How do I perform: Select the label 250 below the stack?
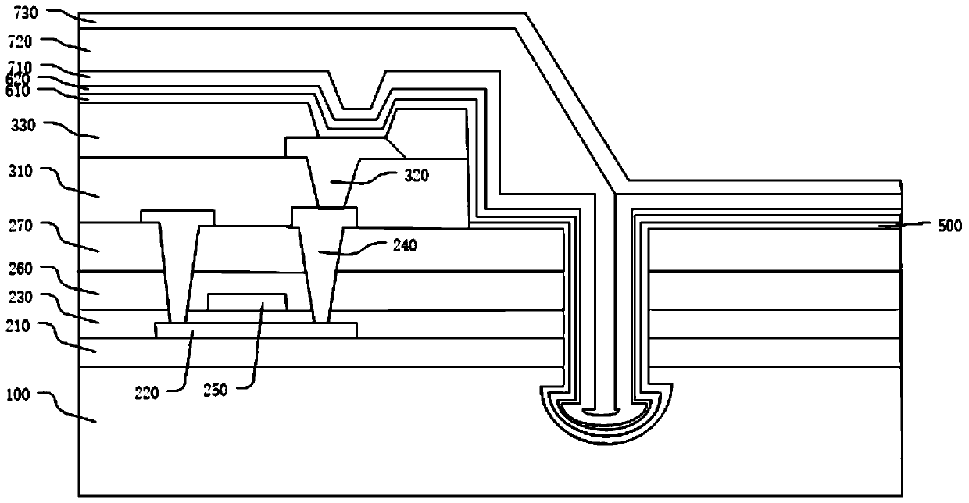tap(216, 390)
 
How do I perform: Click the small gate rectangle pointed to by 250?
tap(246, 303)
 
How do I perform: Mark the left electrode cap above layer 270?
tap(177, 216)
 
